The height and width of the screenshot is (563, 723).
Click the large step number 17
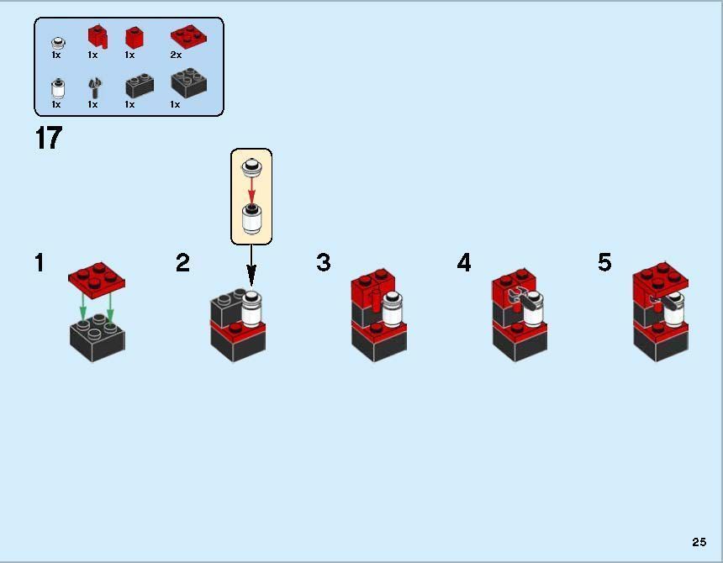49,138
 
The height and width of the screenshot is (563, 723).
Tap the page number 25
699,542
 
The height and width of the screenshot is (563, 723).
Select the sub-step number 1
40,263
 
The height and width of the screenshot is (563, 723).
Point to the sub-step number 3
324,263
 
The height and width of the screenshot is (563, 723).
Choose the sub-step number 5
604,263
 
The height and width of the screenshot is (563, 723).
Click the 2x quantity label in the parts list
176,55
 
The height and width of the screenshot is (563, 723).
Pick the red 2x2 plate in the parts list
188,36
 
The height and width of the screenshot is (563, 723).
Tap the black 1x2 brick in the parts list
139,86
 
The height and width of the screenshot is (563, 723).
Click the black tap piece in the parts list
93,87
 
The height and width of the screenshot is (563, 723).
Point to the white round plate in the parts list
57,41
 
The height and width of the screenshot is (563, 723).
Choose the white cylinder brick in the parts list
57,87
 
